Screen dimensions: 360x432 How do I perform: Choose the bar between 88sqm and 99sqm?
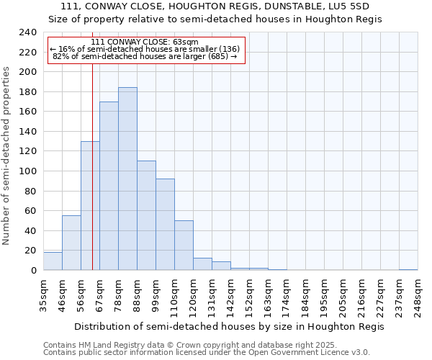(x=146, y=215)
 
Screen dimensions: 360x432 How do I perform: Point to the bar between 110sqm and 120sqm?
(x=184, y=245)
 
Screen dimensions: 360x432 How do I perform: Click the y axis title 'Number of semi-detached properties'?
(x=7, y=156)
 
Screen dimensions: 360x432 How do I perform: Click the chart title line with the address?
(x=215, y=6)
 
